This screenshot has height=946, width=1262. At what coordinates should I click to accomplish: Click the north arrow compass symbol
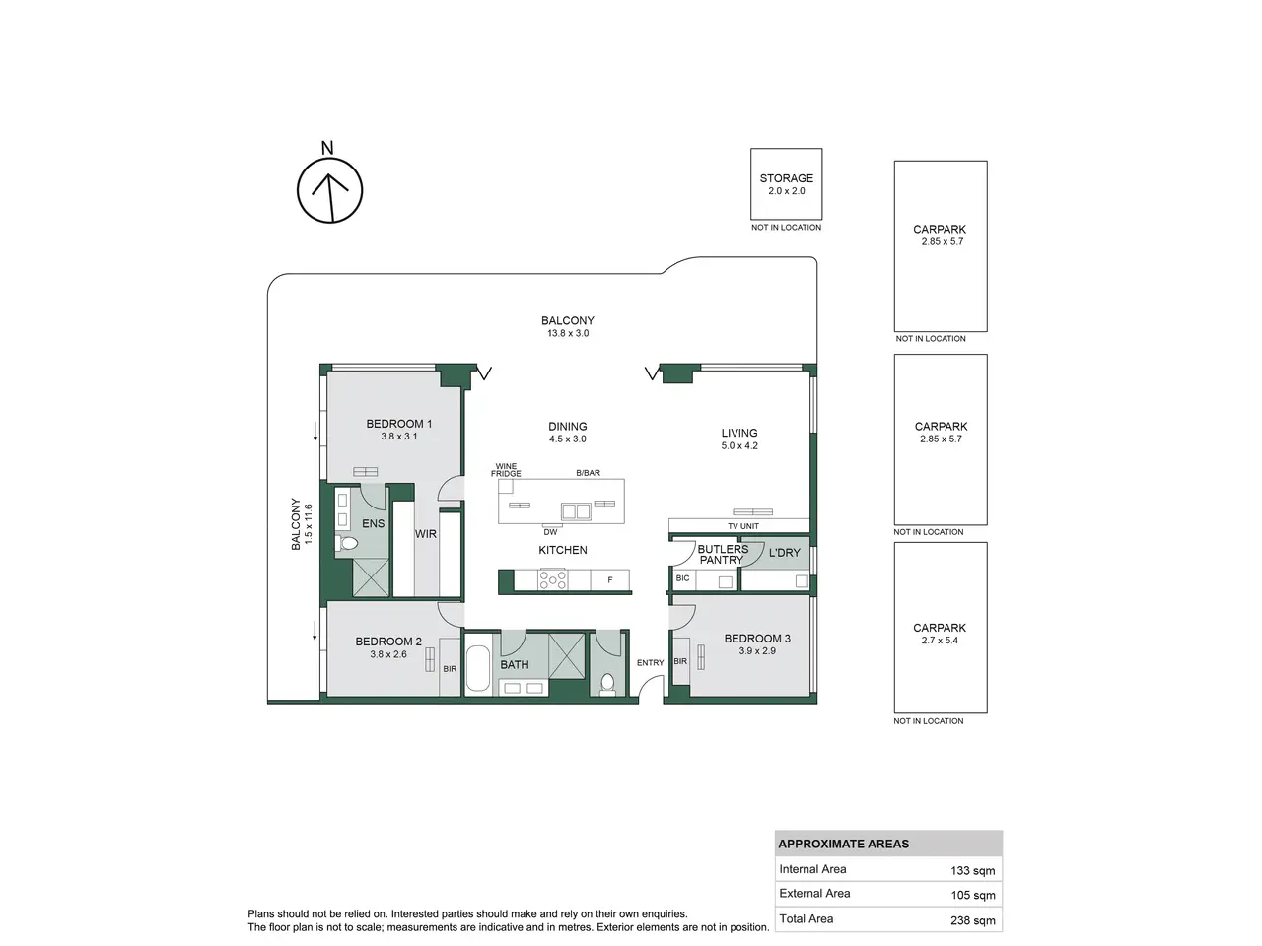(329, 189)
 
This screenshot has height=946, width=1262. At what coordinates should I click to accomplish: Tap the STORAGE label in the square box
(786, 178)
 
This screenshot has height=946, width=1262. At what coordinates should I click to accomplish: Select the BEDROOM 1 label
(398, 424)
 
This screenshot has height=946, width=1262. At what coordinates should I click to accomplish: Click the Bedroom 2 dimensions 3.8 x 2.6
(388, 653)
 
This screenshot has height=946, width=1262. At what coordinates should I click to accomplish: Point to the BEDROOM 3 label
(756, 639)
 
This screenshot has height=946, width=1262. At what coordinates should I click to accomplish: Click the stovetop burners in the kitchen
(552, 579)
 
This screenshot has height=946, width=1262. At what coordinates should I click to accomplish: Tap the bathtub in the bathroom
(477, 668)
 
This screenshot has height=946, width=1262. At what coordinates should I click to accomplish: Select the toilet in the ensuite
(347, 543)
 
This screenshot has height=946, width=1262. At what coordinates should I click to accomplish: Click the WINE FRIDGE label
(506, 470)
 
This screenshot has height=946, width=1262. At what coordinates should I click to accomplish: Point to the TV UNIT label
(742, 525)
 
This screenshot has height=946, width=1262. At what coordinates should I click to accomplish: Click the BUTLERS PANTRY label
(722, 554)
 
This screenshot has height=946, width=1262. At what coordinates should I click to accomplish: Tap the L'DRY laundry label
(784, 553)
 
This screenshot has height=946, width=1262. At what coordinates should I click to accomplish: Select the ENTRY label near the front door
(650, 662)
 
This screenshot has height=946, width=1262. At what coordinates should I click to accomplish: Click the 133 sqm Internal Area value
(972, 870)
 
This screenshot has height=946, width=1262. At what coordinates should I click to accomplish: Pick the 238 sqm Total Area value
(972, 920)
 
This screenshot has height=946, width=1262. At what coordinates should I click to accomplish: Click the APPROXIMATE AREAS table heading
(843, 844)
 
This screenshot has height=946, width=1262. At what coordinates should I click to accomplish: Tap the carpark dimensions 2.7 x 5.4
(940, 640)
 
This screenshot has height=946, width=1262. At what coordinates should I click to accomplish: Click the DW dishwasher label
(550, 532)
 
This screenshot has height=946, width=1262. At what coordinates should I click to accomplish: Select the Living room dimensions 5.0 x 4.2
(739, 445)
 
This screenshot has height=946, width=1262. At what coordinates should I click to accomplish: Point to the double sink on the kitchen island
(576, 510)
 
